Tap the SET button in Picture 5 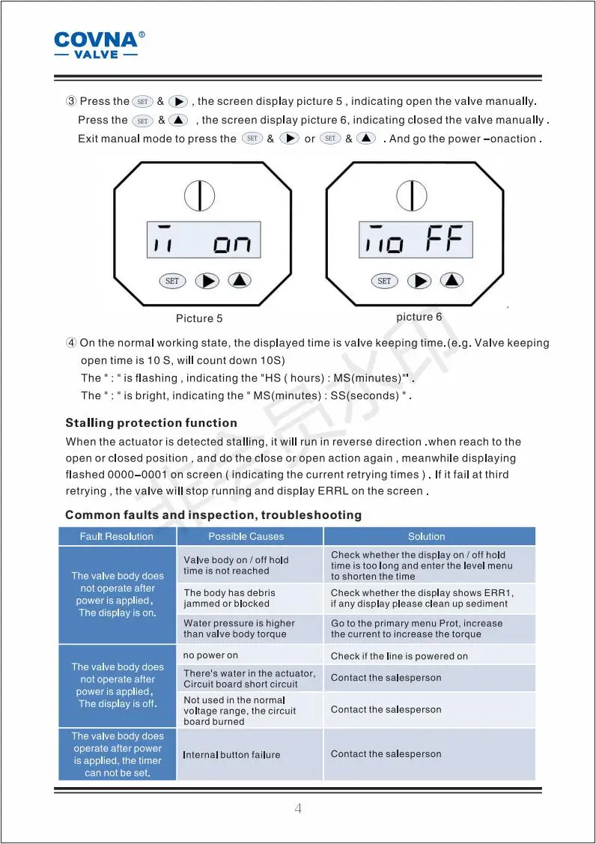point(172,281)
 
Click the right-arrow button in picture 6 point(419,281)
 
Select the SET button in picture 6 point(384,281)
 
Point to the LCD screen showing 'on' point(204,240)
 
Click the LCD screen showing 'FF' point(416,240)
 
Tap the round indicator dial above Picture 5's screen point(200,195)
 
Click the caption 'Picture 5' point(199,319)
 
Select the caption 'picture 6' point(419,317)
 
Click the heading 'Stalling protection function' point(151,423)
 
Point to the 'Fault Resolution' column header point(117,537)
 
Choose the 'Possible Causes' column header point(246,537)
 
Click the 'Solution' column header point(426,537)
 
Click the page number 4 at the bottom point(298,809)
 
